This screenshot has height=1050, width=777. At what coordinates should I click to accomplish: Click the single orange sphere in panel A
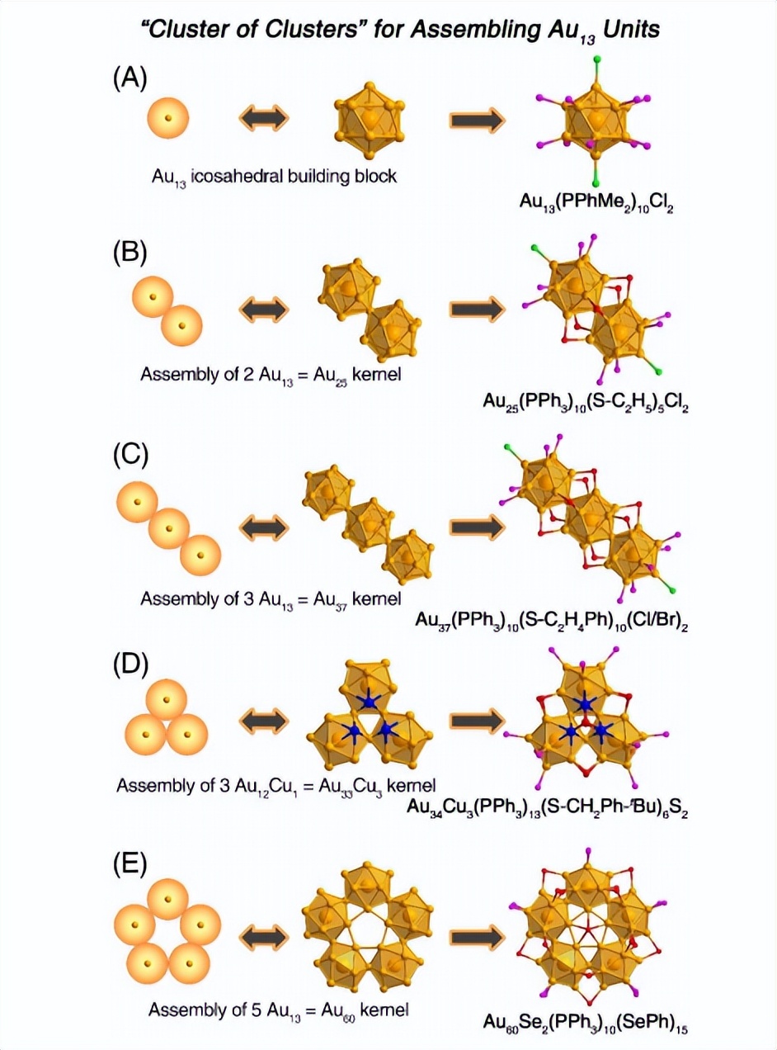[x=168, y=118]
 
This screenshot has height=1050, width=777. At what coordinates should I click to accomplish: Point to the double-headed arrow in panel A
[x=264, y=119]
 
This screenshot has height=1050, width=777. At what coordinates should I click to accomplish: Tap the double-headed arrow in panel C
[x=264, y=527]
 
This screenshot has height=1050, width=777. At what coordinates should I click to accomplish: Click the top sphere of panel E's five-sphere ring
[x=168, y=896]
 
